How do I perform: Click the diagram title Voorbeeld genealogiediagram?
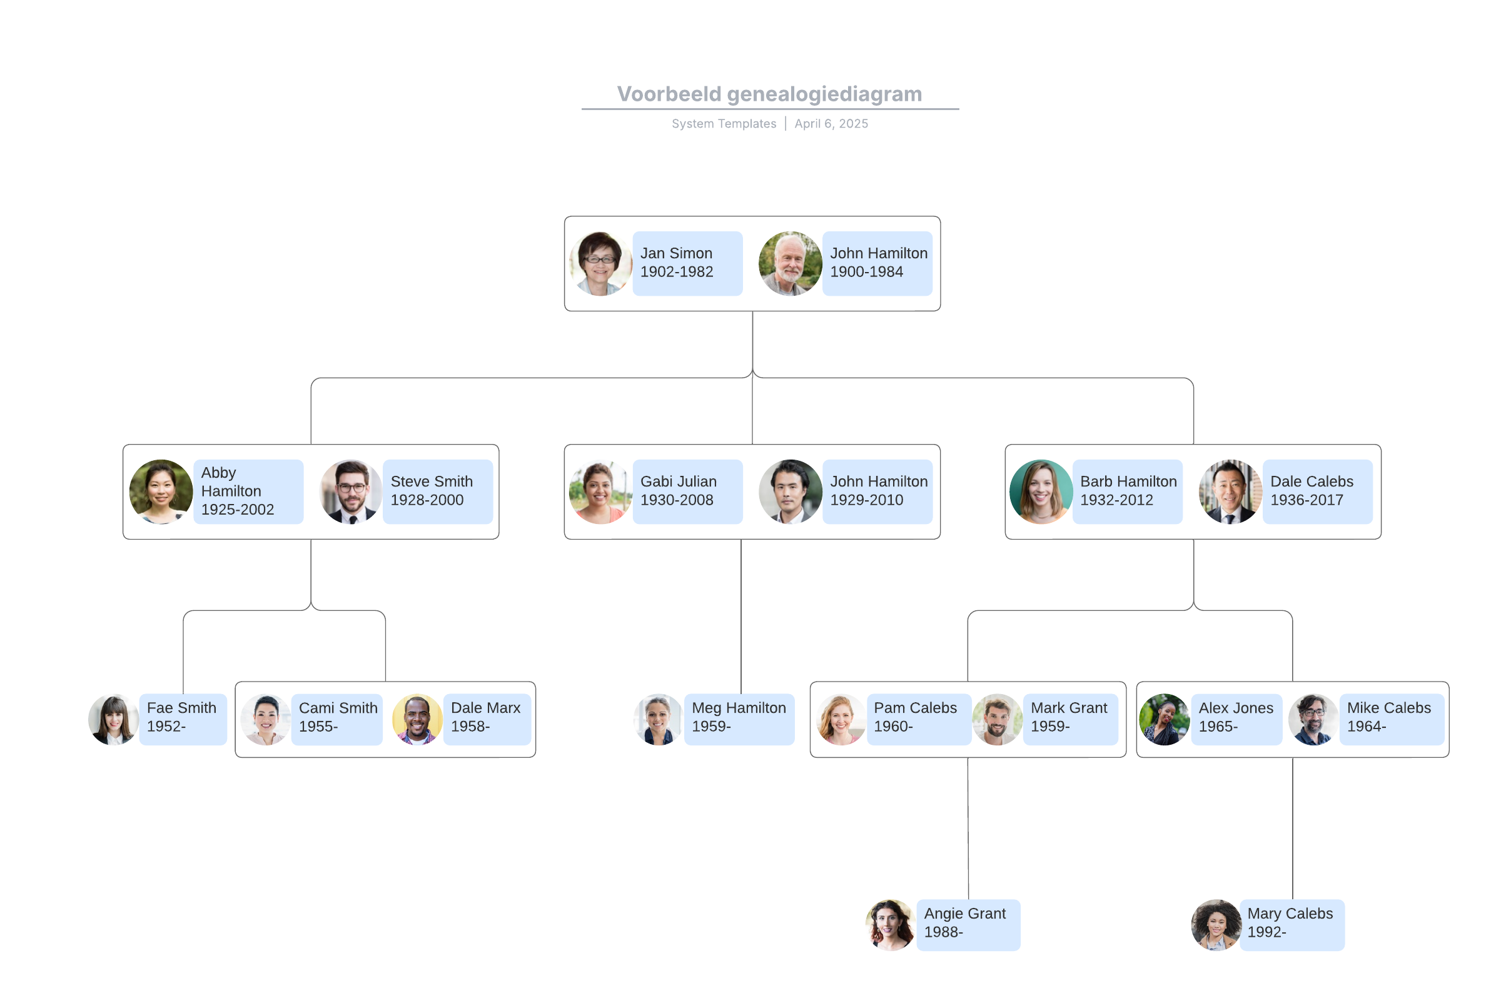(769, 94)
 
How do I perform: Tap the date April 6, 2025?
(831, 123)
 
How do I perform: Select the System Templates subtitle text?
(724, 123)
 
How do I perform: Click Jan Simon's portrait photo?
(600, 263)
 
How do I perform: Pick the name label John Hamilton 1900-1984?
(877, 263)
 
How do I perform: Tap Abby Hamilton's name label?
(248, 491)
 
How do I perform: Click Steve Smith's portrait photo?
(351, 491)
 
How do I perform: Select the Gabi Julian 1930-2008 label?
(687, 491)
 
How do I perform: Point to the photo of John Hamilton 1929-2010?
(789, 491)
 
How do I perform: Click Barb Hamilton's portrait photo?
(1039, 491)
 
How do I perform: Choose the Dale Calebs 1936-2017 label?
(1317, 491)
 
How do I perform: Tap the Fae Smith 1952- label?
(183, 718)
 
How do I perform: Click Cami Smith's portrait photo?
(266, 719)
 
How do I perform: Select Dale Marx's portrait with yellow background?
(417, 719)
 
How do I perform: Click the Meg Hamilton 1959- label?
(739, 718)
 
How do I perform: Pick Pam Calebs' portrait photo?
(841, 719)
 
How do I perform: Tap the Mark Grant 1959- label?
(1069, 718)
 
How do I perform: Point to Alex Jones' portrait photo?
(1164, 719)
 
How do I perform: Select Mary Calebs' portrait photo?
(1216, 924)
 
